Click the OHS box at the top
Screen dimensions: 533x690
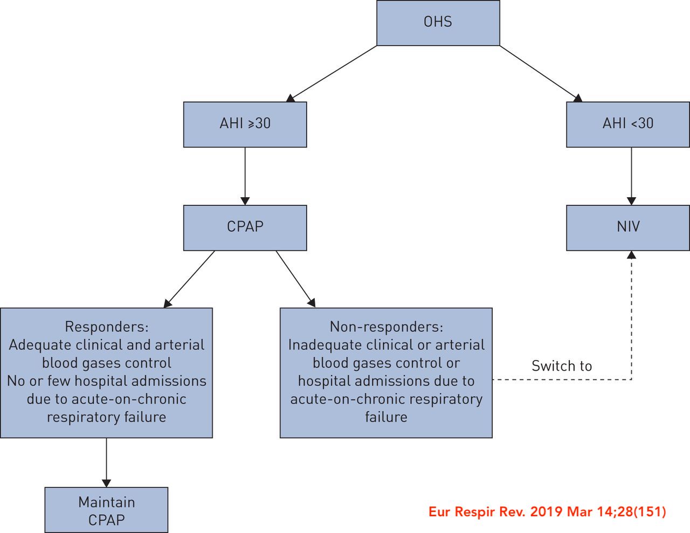(x=438, y=23)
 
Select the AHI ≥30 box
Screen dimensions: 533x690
(x=245, y=124)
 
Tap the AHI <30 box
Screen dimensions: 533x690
(x=627, y=124)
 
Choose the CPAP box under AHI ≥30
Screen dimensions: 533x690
(x=245, y=227)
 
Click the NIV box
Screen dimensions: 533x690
(x=627, y=227)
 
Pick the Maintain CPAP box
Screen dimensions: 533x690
(x=106, y=510)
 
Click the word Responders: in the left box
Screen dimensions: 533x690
(x=106, y=327)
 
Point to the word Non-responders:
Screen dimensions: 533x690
(x=386, y=327)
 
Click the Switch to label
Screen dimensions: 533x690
(x=561, y=366)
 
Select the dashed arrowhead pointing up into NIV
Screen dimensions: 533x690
(x=631, y=255)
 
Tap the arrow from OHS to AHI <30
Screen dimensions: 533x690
(x=541, y=73)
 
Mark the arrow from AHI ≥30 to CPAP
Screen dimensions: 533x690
(x=245, y=176)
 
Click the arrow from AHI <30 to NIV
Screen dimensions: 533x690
(x=631, y=176)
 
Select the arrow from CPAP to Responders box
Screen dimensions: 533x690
(x=190, y=279)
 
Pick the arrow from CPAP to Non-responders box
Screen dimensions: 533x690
(x=295, y=279)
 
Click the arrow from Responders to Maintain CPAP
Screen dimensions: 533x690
(x=106, y=462)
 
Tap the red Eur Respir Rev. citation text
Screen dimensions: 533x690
(x=547, y=511)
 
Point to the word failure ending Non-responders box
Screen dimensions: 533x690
(x=386, y=417)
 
